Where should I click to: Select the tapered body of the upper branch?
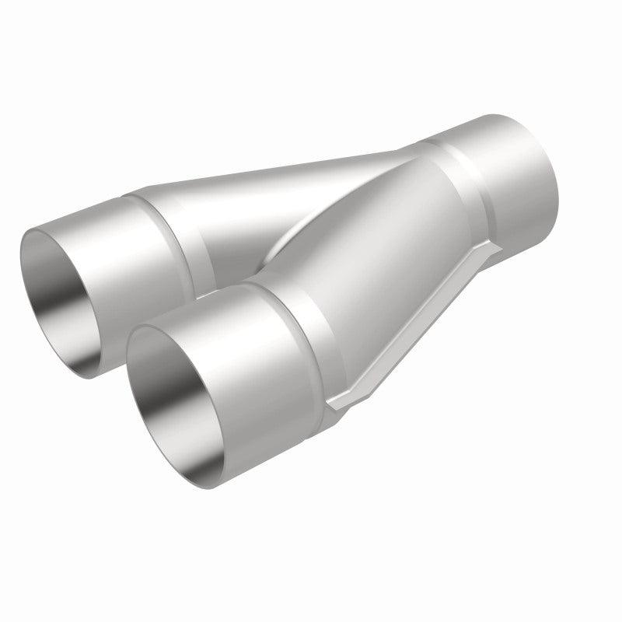point(257,194)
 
